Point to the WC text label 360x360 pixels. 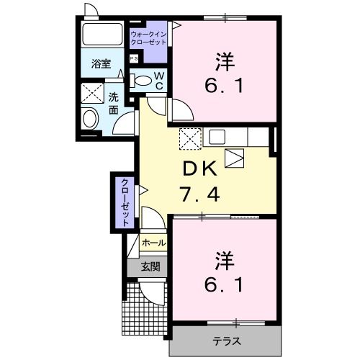coord(160,81)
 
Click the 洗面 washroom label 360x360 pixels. coord(113,104)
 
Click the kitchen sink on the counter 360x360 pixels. coord(218,136)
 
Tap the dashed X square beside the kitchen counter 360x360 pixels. coord(189,137)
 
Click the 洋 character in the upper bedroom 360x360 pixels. coord(225,60)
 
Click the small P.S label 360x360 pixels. coord(134,58)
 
